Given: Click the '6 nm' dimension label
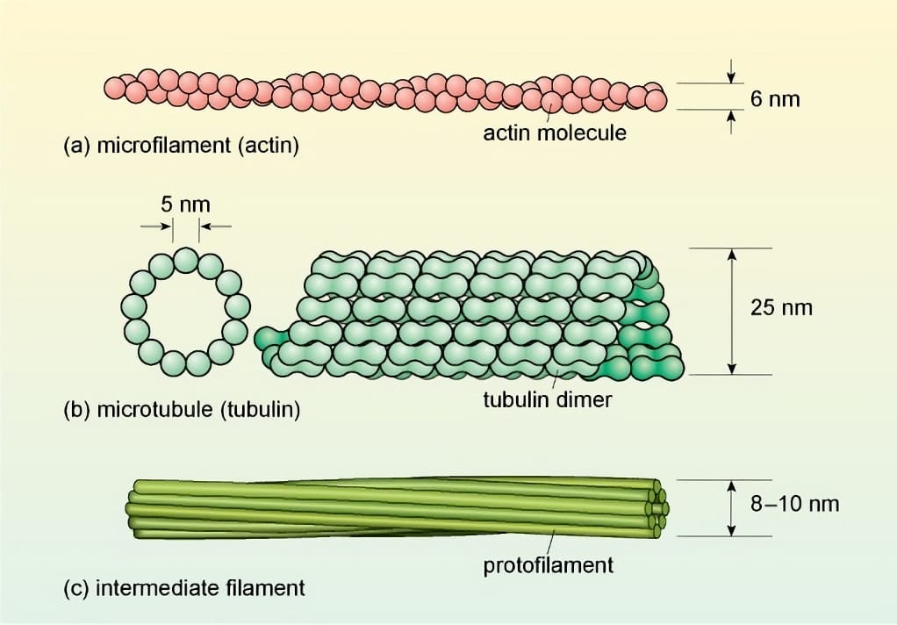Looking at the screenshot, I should click(x=775, y=98).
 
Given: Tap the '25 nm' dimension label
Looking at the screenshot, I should click(x=781, y=308).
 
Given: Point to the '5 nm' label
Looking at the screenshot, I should click(x=185, y=205).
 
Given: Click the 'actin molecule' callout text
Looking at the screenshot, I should click(x=555, y=133).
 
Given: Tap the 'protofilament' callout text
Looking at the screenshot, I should click(x=549, y=564).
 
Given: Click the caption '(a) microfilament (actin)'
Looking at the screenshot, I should click(x=182, y=146).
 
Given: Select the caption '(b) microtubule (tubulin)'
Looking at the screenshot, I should click(x=182, y=410).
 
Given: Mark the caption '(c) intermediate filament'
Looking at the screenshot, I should click(x=184, y=587).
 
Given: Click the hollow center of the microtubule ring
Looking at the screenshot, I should click(x=185, y=311).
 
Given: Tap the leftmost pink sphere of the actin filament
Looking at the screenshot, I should click(x=115, y=87).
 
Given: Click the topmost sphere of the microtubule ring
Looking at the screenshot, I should click(x=185, y=260).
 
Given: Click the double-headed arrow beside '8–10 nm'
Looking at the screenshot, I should click(x=731, y=507).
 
